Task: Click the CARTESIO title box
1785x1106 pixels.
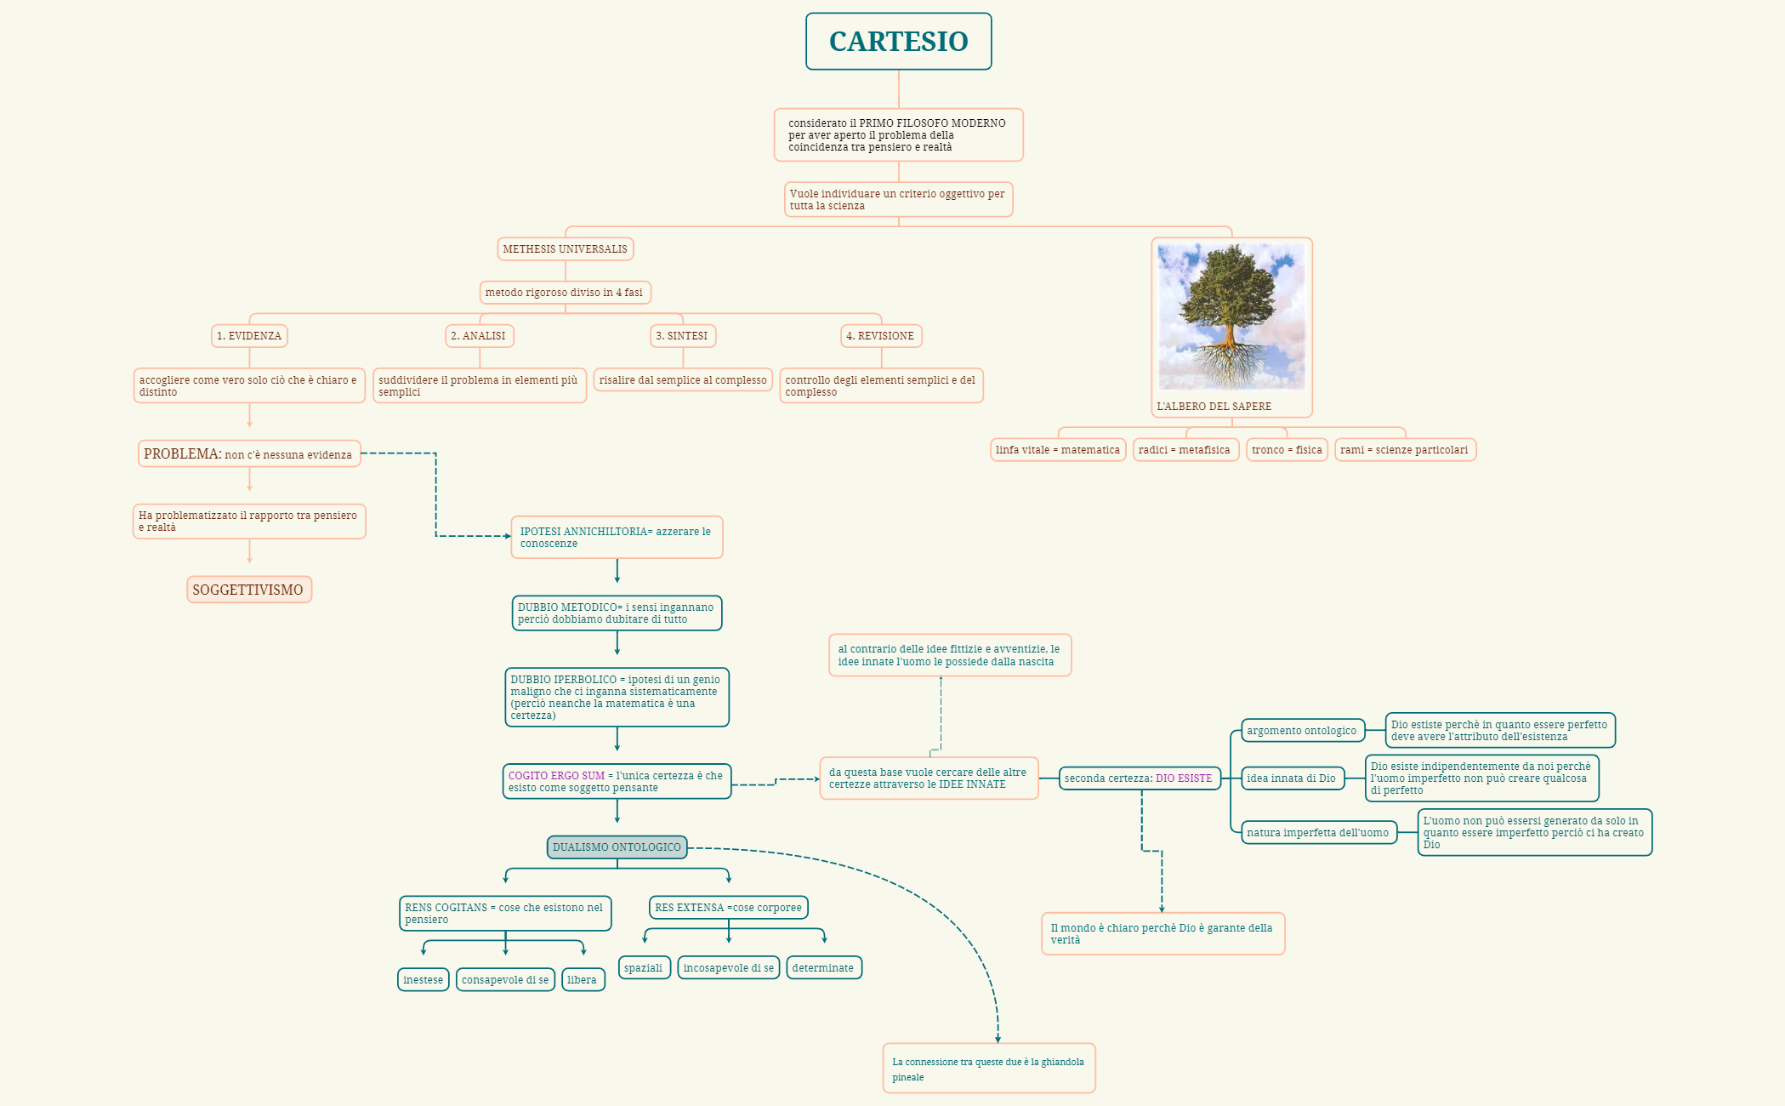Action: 898,41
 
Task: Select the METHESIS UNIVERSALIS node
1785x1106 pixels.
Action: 565,249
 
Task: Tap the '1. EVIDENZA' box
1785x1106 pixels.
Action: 249,336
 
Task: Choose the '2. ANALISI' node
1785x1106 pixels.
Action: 479,336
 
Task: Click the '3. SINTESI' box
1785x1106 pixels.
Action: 683,336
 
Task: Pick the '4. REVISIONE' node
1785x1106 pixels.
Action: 881,336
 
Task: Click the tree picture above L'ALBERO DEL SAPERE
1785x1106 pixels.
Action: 1231,316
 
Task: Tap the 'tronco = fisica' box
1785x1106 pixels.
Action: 1286,450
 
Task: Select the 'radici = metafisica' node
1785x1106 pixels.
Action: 1185,450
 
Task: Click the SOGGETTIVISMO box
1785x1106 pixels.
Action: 248,590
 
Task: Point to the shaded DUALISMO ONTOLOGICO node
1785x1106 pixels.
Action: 617,847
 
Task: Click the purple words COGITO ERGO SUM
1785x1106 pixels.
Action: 556,776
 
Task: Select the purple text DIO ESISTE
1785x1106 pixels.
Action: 1183,778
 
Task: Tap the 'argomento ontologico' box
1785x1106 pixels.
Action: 1301,731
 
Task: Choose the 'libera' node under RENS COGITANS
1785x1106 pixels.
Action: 583,980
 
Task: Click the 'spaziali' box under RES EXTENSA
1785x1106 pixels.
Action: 644,968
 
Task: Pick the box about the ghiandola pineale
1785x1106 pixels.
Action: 988,1069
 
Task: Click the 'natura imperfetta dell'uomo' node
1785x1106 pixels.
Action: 1317,833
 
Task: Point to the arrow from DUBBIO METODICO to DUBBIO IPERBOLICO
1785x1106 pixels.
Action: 617,643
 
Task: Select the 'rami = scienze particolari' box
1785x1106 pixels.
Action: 1404,450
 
